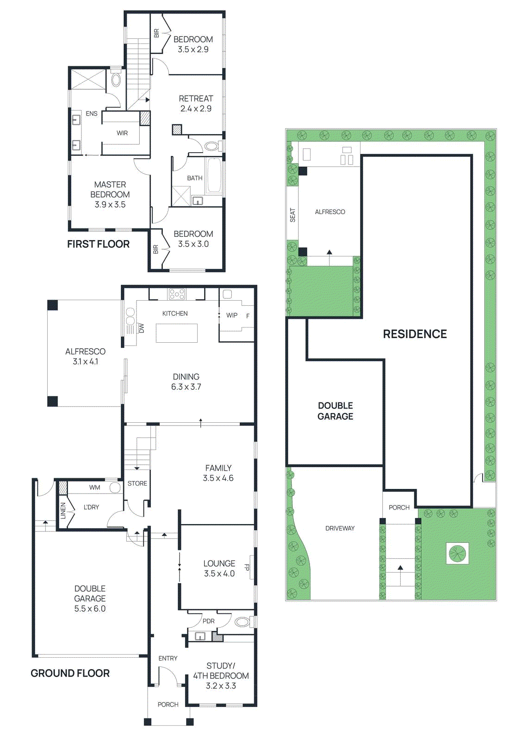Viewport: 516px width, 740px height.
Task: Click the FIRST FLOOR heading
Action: (x=98, y=244)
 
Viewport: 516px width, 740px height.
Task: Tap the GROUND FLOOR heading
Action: (x=70, y=673)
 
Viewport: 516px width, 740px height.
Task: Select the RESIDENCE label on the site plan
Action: (x=415, y=334)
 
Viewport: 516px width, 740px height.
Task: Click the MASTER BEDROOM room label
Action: (x=110, y=190)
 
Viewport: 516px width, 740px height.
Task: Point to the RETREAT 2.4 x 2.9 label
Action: (x=196, y=104)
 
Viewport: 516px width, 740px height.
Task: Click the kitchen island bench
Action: (x=176, y=333)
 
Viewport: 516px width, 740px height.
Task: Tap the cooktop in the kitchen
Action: (x=177, y=294)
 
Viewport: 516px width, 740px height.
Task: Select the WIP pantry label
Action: (x=231, y=315)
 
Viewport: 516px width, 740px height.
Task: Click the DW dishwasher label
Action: (x=142, y=328)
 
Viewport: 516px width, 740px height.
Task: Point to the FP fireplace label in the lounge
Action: (x=247, y=567)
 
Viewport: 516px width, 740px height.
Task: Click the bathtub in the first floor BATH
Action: (x=214, y=176)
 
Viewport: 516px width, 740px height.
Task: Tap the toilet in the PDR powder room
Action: (x=241, y=621)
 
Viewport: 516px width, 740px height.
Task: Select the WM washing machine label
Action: (x=94, y=487)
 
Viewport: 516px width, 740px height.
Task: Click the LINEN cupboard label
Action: (x=63, y=511)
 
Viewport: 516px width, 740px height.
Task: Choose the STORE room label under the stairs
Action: (x=137, y=483)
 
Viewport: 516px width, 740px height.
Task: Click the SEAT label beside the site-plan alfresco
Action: (x=292, y=215)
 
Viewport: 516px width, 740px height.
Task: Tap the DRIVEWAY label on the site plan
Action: (x=340, y=528)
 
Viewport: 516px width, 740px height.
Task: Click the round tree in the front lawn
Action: (x=457, y=553)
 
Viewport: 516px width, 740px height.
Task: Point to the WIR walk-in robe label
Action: (x=122, y=133)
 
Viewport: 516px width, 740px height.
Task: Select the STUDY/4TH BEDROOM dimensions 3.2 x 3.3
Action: (x=221, y=686)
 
